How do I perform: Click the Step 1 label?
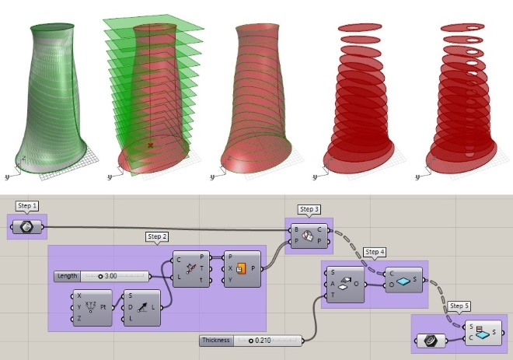tap(27, 207)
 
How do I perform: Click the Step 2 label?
tap(158, 236)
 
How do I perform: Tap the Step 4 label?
tap(375, 252)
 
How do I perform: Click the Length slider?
tap(101, 276)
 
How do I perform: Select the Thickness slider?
tap(250, 341)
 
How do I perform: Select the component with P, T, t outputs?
tap(191, 269)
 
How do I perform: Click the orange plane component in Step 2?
tap(239, 269)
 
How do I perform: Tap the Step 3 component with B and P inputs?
tap(309, 236)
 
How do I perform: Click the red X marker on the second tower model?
tap(150, 145)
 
